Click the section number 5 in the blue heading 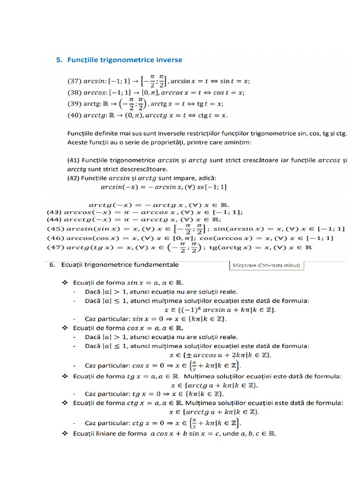click(x=59, y=60)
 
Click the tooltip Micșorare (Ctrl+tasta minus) click(x=266, y=265)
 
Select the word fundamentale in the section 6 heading click(x=156, y=265)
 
